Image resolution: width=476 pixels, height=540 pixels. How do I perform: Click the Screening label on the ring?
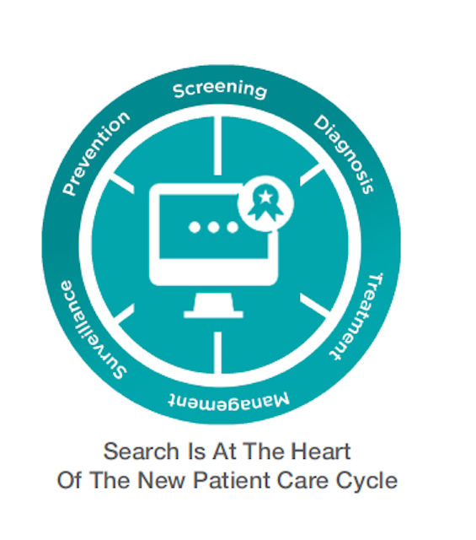pyautogui.click(x=220, y=89)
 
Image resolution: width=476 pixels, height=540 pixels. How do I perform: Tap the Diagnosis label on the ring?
pyautogui.click(x=344, y=154)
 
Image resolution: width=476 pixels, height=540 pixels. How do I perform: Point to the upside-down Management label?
pyautogui.click(x=229, y=402)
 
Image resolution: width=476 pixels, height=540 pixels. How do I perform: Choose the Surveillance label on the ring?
pyautogui.click(x=92, y=331)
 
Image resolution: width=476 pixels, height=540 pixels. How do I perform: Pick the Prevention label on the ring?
pyautogui.click(x=95, y=153)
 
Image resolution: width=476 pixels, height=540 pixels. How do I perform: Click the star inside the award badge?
pyautogui.click(x=265, y=197)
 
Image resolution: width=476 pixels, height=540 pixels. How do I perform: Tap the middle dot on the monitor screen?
pyautogui.click(x=213, y=227)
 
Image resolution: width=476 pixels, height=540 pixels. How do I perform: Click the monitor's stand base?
pyautogui.click(x=214, y=314)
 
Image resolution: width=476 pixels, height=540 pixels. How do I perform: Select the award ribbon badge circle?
pyautogui.click(x=266, y=203)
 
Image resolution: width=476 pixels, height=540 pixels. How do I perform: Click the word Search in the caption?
pyautogui.click(x=141, y=451)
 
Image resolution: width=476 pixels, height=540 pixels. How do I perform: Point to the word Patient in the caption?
pyautogui.click(x=232, y=480)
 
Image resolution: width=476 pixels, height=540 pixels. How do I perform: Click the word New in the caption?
pyautogui.click(x=162, y=480)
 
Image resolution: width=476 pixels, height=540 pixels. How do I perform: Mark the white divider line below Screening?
pyautogui.click(x=217, y=146)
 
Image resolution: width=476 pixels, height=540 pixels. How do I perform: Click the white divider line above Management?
pyautogui.click(x=217, y=353)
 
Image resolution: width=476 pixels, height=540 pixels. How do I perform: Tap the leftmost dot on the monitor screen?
pyautogui.click(x=195, y=227)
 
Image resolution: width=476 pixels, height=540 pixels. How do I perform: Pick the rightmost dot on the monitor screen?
pyautogui.click(x=233, y=227)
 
